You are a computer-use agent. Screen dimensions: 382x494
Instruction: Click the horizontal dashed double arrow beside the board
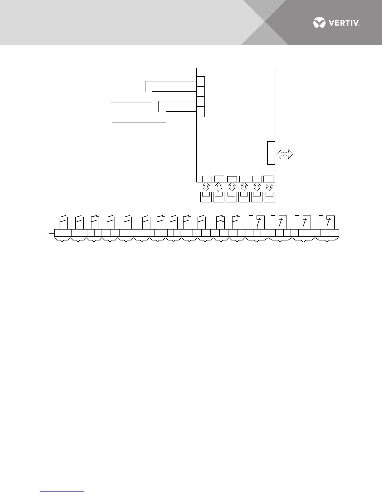(x=285, y=154)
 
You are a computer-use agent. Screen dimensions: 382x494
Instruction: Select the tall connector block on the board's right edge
(x=271, y=153)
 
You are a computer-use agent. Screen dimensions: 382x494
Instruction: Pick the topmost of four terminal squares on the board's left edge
(x=201, y=81)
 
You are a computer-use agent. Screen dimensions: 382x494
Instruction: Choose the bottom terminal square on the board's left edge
(x=201, y=112)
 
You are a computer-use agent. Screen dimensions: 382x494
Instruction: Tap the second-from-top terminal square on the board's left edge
(x=201, y=92)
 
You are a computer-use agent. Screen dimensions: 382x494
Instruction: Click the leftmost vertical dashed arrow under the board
(x=206, y=187)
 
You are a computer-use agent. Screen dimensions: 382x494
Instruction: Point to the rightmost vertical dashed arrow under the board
(x=269, y=187)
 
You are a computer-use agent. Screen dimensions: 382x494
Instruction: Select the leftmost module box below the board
(x=206, y=197)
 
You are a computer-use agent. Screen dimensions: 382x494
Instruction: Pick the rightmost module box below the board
(x=269, y=197)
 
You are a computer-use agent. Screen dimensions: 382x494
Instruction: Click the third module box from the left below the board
(x=232, y=197)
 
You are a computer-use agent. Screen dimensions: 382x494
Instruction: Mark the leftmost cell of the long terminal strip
(x=59, y=233)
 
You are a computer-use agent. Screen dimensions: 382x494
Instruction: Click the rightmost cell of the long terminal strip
(x=334, y=233)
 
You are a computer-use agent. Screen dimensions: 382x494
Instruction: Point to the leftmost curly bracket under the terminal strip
(x=62, y=240)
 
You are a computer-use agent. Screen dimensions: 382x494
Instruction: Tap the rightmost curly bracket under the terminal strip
(x=327, y=240)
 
